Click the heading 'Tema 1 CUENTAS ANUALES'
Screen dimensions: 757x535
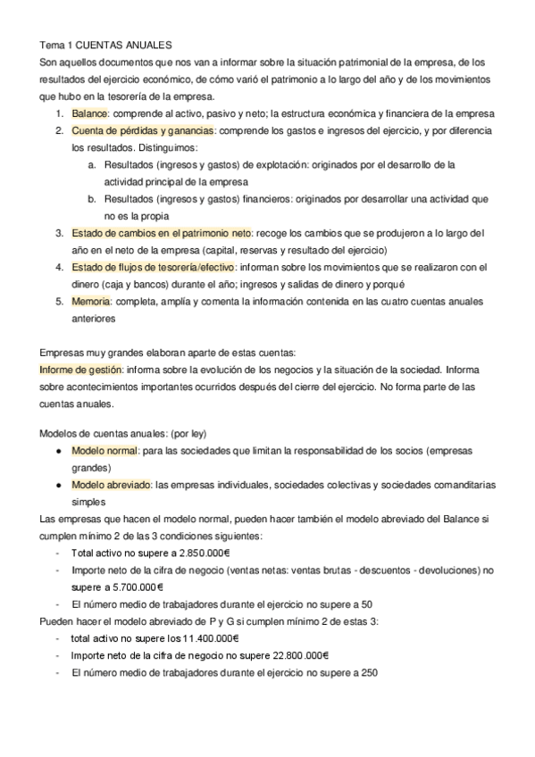tap(106, 46)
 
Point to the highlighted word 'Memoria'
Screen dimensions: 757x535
tap(91, 301)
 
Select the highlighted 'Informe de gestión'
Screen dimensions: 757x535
tap(81, 369)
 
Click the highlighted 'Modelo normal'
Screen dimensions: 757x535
tap(104, 451)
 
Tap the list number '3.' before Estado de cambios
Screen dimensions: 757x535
tap(59, 232)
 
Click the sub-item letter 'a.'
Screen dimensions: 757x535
tap(92, 165)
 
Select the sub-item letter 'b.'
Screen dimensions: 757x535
tap(92, 199)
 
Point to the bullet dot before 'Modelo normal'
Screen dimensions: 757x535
tap(58, 451)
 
